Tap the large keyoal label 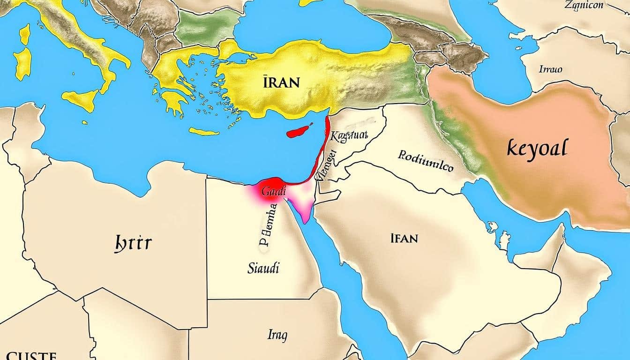pyautogui.click(x=537, y=150)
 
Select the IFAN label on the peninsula pyautogui.click(x=403, y=239)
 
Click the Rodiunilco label pyautogui.click(x=426, y=161)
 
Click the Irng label pyautogui.click(x=277, y=335)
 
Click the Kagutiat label pyautogui.click(x=349, y=136)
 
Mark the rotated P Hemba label pyautogui.click(x=269, y=226)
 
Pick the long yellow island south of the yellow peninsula pyautogui.click(x=204, y=131)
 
